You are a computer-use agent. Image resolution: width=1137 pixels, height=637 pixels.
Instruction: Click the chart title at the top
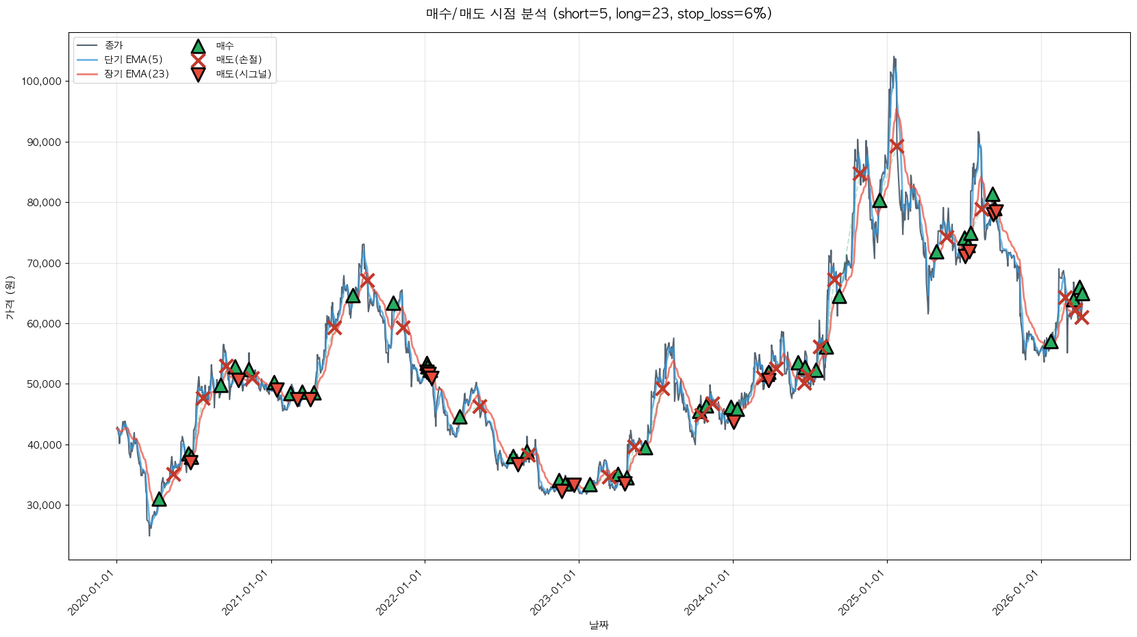599,14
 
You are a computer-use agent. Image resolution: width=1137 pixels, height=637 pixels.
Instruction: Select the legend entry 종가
114,46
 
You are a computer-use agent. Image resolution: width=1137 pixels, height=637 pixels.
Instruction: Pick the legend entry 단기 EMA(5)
134,60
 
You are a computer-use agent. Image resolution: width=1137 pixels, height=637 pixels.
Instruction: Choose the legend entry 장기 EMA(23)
136,74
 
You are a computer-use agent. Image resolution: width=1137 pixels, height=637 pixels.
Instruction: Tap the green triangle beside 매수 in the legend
198,47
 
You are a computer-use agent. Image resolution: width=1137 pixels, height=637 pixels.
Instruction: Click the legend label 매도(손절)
239,60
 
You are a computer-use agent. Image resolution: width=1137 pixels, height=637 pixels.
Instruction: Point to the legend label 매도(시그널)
244,74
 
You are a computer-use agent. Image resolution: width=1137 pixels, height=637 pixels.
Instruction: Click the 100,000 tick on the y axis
42,82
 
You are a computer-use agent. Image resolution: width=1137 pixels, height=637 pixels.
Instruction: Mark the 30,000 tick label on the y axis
44,505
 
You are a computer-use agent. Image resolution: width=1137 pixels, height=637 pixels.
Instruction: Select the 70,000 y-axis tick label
44,263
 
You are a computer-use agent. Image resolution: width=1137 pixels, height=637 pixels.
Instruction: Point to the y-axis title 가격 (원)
10,297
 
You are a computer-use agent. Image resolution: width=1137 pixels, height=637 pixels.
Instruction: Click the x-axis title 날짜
599,625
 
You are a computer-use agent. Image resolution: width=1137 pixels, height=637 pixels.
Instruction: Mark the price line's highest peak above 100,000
894,58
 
